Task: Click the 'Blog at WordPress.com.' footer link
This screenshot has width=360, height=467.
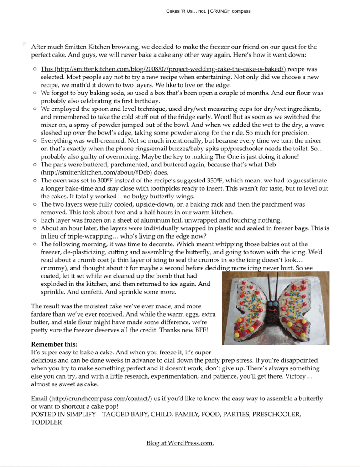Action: click(x=180, y=443)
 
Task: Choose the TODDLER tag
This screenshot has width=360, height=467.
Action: click(x=46, y=422)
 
